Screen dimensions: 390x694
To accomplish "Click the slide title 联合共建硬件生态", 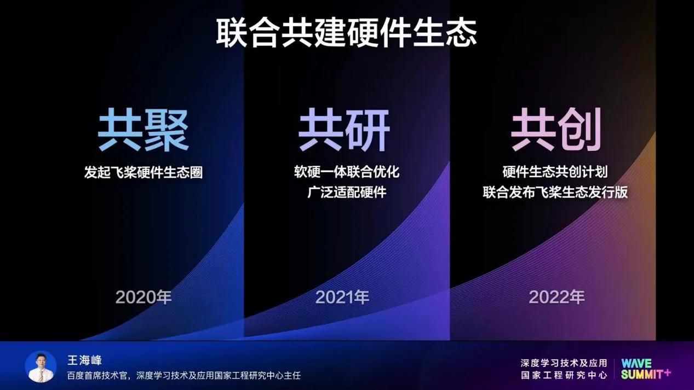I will click(346, 32).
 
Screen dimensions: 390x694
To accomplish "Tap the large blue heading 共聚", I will click(144, 130).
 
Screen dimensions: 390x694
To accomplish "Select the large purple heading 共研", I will click(344, 130).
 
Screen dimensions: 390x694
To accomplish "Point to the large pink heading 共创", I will click(556, 130).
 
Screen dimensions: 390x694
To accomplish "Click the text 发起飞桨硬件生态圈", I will click(144, 172).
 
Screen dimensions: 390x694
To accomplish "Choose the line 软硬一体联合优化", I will click(347, 172).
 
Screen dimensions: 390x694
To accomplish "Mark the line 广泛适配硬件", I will click(347, 192).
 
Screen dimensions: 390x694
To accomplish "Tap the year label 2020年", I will click(144, 297).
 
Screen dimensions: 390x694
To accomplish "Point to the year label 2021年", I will click(342, 297).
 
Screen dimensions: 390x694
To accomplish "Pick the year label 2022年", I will click(557, 297).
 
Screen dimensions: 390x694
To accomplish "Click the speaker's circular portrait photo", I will click(41, 366).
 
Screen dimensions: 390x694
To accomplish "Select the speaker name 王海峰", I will click(84, 360).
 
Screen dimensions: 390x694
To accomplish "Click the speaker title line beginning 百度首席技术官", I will click(183, 375).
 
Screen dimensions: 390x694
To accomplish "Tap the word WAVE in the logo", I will click(636, 363).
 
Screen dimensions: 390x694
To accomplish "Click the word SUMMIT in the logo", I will click(641, 374).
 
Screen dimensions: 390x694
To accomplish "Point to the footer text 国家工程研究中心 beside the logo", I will click(564, 375).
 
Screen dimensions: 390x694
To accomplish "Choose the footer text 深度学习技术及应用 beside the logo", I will click(564, 363).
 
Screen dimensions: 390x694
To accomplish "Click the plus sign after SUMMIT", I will click(667, 372).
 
